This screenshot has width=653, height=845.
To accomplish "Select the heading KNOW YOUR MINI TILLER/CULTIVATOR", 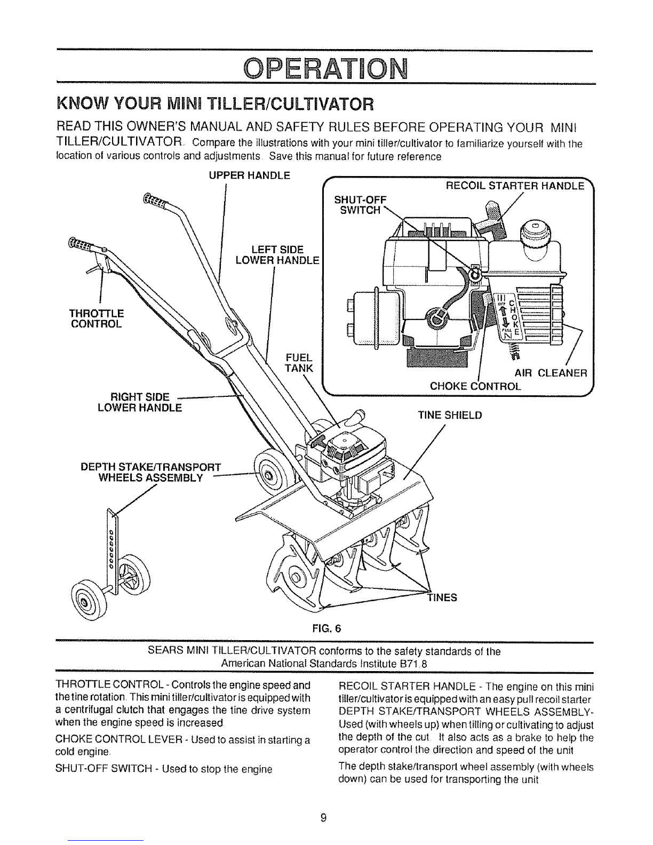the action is (x=215, y=105).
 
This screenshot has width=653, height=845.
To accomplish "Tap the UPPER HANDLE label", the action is (x=249, y=176).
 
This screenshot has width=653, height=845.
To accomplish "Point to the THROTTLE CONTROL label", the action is (x=97, y=318).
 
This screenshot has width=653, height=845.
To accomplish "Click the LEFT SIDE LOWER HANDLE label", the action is (x=278, y=254).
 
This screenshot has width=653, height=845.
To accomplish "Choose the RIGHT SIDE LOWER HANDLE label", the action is (x=140, y=402).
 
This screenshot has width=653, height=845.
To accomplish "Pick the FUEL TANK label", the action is (x=299, y=362).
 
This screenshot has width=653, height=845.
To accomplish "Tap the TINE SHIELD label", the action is (x=450, y=416).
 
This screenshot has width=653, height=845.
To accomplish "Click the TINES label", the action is (x=442, y=597).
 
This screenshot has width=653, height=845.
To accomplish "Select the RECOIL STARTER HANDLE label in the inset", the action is (x=515, y=186).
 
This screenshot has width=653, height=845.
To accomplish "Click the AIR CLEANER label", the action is (x=551, y=373).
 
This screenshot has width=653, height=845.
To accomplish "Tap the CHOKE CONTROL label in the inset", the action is (x=475, y=386).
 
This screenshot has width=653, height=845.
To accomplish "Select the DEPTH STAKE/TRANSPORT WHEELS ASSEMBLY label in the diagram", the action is (x=151, y=472).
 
